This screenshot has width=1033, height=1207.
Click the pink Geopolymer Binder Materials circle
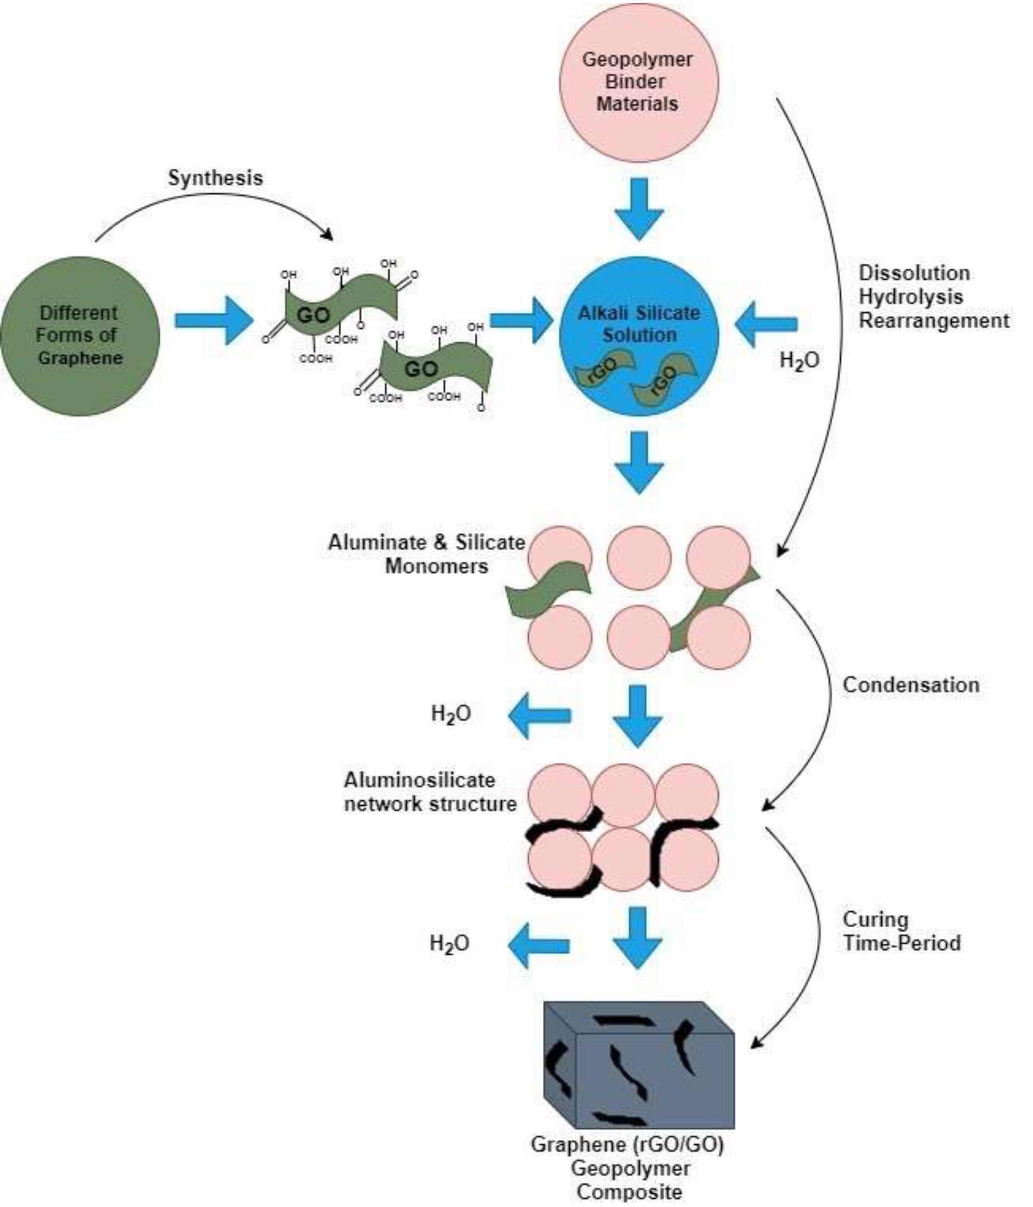point(639,82)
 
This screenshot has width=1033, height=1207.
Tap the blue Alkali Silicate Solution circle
point(639,336)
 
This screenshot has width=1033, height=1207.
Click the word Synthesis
point(215,178)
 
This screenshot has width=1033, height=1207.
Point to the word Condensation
point(910,685)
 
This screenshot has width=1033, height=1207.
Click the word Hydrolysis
point(910,296)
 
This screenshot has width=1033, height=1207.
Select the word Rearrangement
point(934,320)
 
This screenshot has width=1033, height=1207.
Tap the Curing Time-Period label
point(901,931)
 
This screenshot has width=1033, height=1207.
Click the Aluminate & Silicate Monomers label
point(427,554)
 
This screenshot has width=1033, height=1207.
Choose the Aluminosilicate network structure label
point(430,791)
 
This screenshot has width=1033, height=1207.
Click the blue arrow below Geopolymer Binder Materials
point(639,208)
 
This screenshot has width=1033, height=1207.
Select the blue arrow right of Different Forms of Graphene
point(214,320)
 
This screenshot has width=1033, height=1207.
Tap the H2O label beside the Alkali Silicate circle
point(799,361)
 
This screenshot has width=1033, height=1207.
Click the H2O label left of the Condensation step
point(451,714)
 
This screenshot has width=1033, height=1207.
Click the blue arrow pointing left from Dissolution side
point(766,323)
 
